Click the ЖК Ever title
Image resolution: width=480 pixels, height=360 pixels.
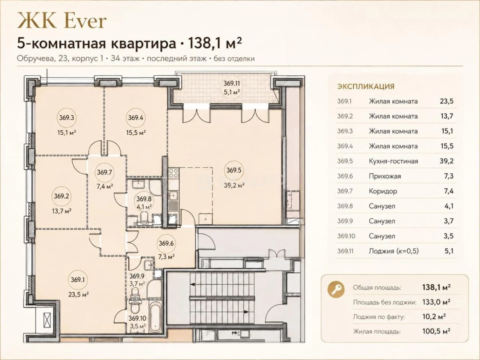[62, 21]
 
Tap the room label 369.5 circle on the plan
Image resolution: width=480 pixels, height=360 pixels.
[234, 170]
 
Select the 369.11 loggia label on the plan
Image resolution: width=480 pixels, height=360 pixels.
[232, 83]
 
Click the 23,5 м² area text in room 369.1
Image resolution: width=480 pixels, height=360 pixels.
[78, 295]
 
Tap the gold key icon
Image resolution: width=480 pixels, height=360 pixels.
[336, 289]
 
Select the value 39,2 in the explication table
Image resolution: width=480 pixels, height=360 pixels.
[447, 161]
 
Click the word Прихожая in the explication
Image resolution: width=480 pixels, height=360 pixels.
[385, 176]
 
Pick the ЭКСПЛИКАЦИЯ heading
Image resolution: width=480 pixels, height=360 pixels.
[366, 86]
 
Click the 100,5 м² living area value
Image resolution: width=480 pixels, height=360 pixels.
[436, 331]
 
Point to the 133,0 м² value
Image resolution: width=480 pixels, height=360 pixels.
[436, 302]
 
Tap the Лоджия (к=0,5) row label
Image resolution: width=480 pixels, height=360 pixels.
[393, 251]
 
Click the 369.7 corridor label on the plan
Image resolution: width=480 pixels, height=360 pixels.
[104, 172]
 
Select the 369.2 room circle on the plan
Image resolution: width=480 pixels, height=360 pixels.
[62, 196]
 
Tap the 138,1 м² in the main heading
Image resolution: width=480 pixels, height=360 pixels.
[215, 44]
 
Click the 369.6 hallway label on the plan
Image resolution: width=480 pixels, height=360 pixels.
[166, 243]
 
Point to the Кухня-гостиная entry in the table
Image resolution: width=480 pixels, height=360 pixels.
[393, 161]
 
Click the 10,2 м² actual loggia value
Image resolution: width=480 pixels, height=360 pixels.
[434, 316]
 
